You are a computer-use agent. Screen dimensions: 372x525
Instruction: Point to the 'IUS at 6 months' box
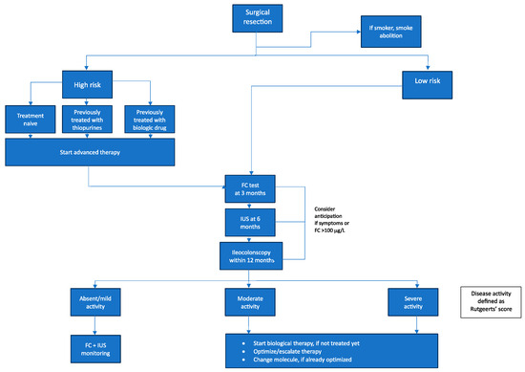248,222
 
